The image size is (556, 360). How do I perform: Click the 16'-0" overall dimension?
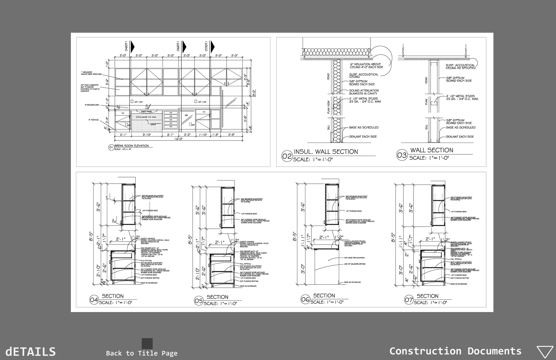(x=178, y=139)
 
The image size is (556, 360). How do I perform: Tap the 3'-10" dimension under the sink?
(x=147, y=134)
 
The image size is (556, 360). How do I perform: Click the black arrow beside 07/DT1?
(x=213, y=46)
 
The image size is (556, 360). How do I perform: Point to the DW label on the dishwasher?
(x=186, y=115)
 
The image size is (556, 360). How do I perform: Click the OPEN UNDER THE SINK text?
(x=146, y=117)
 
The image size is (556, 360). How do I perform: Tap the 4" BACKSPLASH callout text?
(x=92, y=105)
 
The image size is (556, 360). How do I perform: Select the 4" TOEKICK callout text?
(x=93, y=120)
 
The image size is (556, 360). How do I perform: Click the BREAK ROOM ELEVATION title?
(x=131, y=146)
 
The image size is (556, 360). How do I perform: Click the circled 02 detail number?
(x=287, y=156)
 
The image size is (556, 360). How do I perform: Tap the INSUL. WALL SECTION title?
(x=326, y=152)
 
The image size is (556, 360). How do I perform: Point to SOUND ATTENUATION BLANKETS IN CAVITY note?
(x=364, y=92)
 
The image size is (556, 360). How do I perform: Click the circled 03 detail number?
(x=402, y=155)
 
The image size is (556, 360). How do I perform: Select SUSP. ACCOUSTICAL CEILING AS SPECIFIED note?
(x=460, y=67)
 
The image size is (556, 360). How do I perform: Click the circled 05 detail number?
(x=199, y=301)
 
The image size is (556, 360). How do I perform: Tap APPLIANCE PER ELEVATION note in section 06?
(x=355, y=258)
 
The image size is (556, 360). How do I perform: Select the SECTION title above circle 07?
(x=428, y=296)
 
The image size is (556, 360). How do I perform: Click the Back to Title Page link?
(x=142, y=353)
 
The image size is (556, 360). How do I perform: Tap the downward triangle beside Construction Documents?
(x=545, y=352)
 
